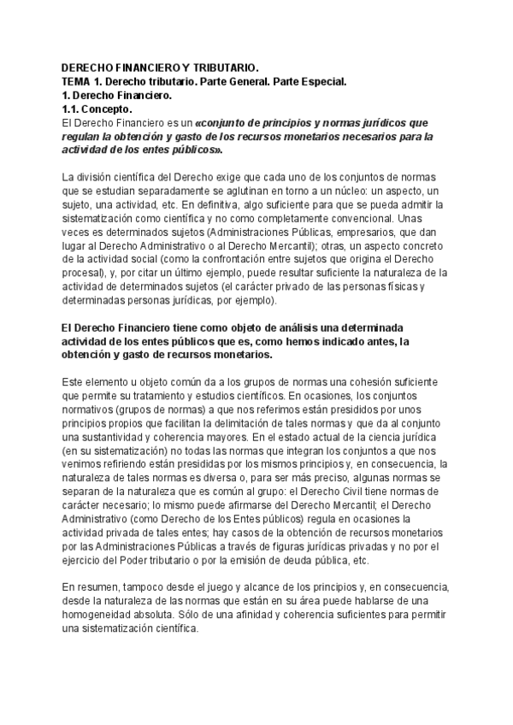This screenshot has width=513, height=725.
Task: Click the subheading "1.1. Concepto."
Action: (97, 109)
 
